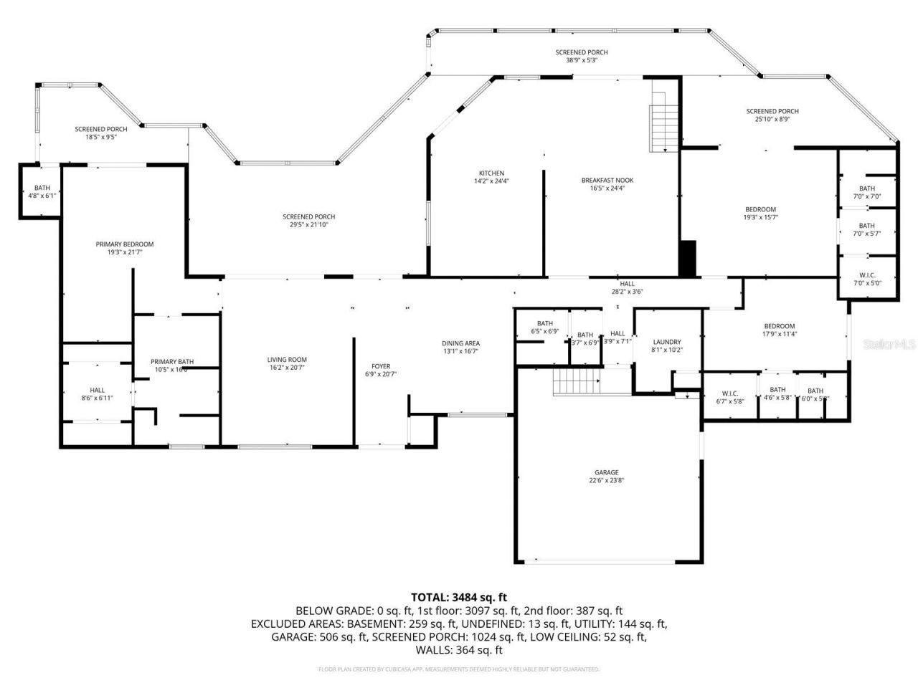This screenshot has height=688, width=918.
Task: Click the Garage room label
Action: [606, 473]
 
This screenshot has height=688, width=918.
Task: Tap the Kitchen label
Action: [491, 173]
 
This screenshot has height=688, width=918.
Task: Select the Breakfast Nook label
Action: [607, 181]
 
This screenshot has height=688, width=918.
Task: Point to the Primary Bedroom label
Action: [125, 244]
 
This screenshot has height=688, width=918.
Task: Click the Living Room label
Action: [287, 360]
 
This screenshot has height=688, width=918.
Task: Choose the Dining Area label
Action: [460, 343]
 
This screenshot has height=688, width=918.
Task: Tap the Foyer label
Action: [381, 366]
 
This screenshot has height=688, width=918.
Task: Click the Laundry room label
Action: [667, 342]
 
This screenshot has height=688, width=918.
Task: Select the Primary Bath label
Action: [172, 362]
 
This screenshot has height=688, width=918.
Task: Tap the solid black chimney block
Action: [688, 258]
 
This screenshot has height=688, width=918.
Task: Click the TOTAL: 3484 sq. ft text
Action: [459, 596]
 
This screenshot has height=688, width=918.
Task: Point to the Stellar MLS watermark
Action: [889, 344]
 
